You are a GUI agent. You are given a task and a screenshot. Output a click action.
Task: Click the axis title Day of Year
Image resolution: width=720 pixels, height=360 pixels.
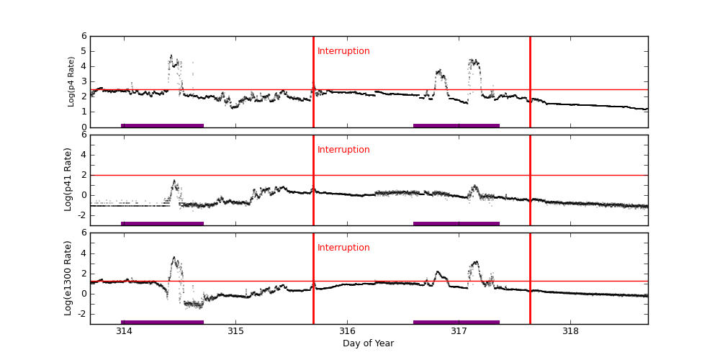[368, 343]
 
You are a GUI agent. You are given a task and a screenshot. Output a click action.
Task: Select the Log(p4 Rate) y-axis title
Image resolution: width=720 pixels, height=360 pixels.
[71, 81]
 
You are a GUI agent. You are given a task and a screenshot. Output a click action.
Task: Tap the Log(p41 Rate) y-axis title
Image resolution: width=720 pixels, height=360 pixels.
[68, 179]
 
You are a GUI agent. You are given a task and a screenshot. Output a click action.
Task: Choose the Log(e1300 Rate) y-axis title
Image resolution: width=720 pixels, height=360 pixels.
[68, 278]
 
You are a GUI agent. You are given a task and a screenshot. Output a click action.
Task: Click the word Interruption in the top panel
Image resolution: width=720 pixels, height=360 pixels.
[343, 51]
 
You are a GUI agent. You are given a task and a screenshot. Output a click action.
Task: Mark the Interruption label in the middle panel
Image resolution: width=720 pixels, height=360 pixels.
[343, 150]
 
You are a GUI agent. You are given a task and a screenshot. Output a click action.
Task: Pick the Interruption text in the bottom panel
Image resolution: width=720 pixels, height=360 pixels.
[343, 248]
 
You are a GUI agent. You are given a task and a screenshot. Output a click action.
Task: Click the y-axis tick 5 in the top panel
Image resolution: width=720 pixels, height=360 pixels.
[84, 51]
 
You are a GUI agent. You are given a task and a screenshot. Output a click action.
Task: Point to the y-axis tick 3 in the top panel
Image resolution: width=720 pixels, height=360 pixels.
[84, 81]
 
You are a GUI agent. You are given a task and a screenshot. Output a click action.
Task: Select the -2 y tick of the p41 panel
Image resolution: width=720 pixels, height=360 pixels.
[81, 215]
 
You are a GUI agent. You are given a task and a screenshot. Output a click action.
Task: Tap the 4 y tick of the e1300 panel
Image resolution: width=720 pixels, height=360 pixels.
[84, 253]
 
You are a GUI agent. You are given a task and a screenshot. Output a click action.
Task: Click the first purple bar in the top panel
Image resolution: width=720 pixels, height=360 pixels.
[162, 125]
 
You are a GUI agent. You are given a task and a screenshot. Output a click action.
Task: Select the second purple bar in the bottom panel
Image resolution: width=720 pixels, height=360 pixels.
[456, 322]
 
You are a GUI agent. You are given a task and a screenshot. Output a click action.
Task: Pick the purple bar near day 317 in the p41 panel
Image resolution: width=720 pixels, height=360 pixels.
[456, 223]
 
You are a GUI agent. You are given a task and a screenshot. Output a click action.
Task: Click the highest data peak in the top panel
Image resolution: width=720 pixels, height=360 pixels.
[171, 55]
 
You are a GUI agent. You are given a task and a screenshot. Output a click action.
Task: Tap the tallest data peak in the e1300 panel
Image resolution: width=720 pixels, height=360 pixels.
[174, 257]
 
